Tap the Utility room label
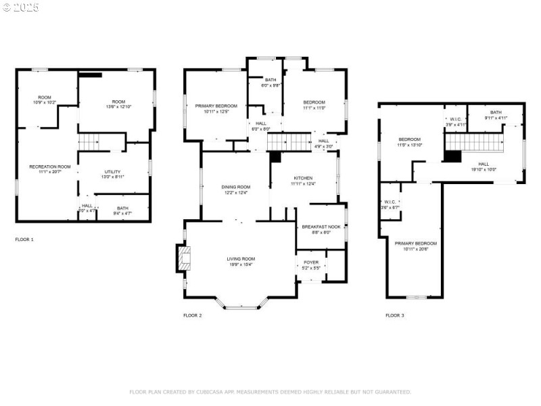(x=112, y=172)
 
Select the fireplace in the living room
(x=184, y=258)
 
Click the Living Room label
(x=240, y=258)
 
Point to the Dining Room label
(x=235, y=187)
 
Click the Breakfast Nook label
(x=321, y=227)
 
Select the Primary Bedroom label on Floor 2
(x=216, y=106)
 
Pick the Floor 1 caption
(x=24, y=240)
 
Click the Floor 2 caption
(x=193, y=315)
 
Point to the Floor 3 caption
(x=395, y=315)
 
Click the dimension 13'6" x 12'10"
(x=114, y=106)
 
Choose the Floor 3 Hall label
(x=484, y=164)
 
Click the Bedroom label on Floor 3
(x=409, y=139)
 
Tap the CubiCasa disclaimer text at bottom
(x=270, y=392)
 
